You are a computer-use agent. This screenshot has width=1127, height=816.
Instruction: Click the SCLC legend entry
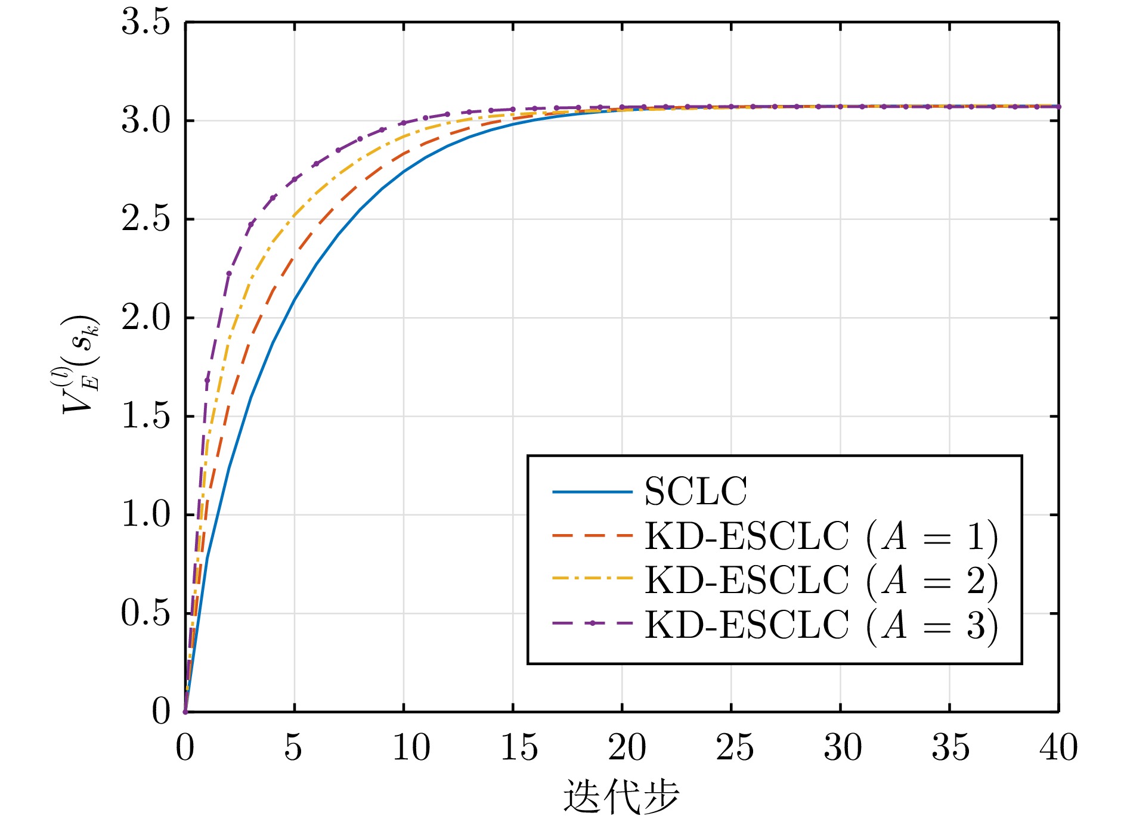tap(695, 492)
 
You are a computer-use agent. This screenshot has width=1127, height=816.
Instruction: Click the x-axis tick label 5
tap(293, 747)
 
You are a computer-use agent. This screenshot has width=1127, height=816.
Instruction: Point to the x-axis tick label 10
tap(411, 747)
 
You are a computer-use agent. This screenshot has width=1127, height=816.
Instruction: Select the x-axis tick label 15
tap(519, 747)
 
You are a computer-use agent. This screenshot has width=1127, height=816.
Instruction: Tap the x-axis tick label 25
tap(735, 747)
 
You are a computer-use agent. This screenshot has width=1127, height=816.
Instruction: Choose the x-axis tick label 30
tap(843, 747)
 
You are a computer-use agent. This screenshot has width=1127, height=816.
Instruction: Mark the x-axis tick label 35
tap(950, 747)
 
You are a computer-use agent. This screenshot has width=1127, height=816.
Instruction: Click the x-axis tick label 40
tap(1058, 747)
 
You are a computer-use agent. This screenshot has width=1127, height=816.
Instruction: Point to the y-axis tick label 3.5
tap(146, 23)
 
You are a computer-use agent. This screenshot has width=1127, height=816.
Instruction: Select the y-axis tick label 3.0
tap(146, 121)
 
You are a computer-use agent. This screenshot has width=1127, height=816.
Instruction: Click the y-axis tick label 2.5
tap(146, 219)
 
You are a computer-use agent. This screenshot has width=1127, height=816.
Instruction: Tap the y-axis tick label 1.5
tap(146, 416)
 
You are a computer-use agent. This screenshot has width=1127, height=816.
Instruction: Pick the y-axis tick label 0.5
tap(146, 613)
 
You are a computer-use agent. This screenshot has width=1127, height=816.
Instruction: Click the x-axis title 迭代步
tap(621, 796)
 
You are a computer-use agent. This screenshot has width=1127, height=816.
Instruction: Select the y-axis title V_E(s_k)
tap(80, 364)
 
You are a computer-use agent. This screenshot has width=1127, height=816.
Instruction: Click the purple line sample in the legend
tap(592, 623)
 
